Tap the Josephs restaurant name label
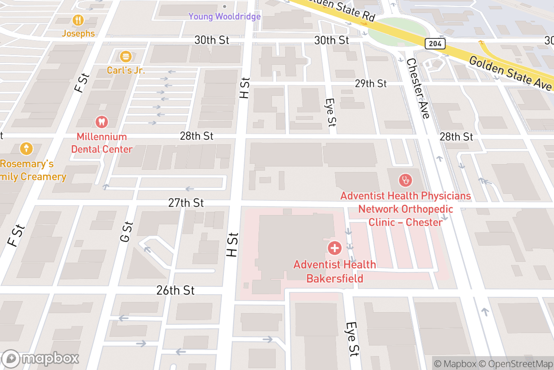[x=78, y=34]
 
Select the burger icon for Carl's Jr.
[x=126, y=57]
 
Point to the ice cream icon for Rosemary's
[x=26, y=149]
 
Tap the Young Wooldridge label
[x=224, y=17]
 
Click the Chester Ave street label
[x=418, y=88]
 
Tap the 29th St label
[x=371, y=84]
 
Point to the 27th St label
[x=186, y=203]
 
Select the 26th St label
[x=175, y=290]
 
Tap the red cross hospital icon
[x=334, y=248]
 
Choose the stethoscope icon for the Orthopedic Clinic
[x=406, y=180]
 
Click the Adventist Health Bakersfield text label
[x=335, y=271]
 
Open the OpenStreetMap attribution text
[x=516, y=364]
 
